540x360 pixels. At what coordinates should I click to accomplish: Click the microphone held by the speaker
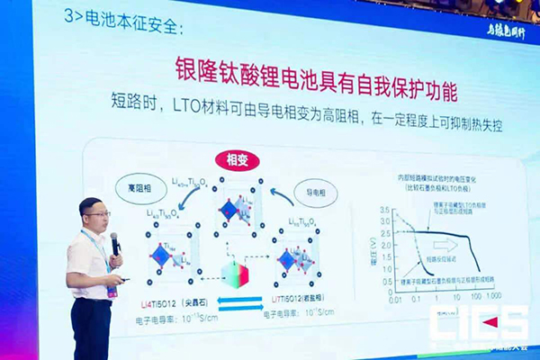click(x=114, y=242)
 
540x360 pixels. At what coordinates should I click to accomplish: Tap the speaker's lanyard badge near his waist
click(x=112, y=292)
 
